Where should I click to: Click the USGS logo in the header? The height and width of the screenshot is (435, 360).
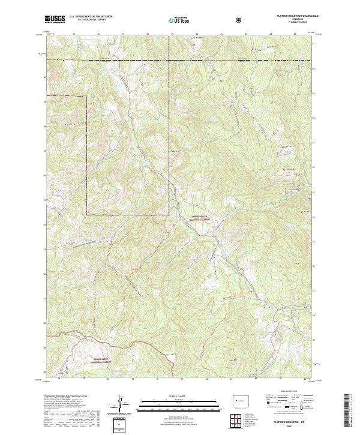(x=55, y=20)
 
